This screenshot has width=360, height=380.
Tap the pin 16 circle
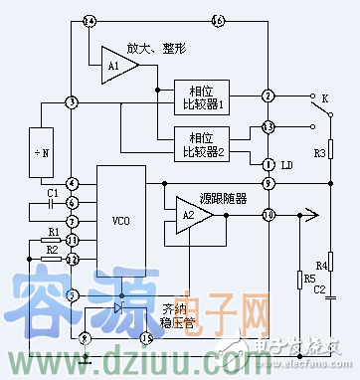219,21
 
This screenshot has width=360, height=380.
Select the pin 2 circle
269,95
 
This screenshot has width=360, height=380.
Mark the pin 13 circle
269,127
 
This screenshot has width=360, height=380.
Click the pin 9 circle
269,184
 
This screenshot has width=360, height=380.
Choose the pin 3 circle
72,102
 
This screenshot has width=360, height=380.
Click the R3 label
320,153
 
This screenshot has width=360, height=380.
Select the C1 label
54,190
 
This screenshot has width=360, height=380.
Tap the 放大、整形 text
156,48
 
